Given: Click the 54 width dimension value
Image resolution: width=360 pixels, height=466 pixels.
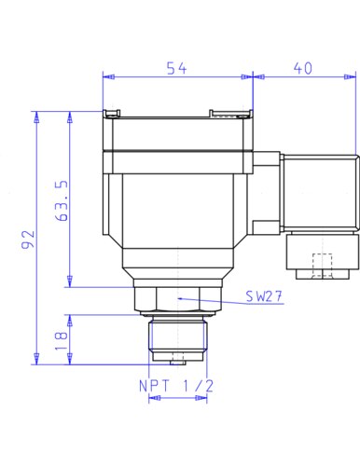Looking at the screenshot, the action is click(176, 68).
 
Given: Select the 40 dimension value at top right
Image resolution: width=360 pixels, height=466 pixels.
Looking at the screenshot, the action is click(303, 68).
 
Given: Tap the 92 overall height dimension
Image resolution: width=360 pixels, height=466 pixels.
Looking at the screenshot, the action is click(28, 240).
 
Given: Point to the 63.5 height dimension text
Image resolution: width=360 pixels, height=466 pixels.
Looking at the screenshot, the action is click(62, 200).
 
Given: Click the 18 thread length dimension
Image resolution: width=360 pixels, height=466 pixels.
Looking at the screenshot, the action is click(62, 341).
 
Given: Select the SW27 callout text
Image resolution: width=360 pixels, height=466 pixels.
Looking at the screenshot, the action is click(264, 296).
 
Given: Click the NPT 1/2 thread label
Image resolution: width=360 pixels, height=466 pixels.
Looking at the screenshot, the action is click(176, 386).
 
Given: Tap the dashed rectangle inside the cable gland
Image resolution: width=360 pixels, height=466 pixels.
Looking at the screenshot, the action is click(322, 265).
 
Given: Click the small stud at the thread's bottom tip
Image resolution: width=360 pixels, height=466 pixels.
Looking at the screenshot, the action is click(178, 363).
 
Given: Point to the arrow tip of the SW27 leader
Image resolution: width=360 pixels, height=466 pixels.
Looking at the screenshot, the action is click(178, 298).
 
